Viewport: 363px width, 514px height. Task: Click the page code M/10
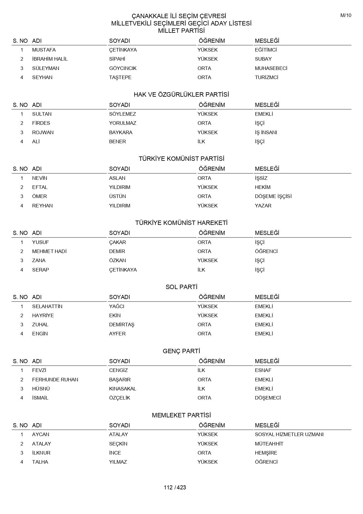tap(346, 16)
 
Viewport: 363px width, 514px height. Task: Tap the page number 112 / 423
tap(175, 487)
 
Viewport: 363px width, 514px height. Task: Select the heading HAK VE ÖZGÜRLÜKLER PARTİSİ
tap(181, 95)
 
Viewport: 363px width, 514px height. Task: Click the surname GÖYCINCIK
tap(123, 68)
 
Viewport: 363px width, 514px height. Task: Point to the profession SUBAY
tap(263, 59)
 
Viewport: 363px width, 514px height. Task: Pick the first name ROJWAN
tap(43, 132)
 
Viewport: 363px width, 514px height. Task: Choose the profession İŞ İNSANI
tap(266, 132)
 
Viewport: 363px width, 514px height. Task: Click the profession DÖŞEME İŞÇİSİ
tap(273, 196)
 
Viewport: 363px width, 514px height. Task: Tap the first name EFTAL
tap(40, 187)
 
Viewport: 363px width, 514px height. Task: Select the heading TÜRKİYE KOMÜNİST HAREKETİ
tap(181, 223)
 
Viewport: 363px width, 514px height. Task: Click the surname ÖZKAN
tap(117, 260)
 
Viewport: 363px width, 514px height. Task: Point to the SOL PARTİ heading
tap(181, 287)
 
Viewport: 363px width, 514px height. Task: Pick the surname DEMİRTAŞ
tap(121, 325)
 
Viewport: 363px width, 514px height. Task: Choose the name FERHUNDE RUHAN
tap(55, 380)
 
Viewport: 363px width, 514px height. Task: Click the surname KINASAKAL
tap(122, 389)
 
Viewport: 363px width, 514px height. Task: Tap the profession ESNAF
tap(263, 370)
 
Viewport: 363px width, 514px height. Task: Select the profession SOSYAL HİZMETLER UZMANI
tap(289, 434)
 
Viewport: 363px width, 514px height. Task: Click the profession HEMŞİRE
tap(266, 453)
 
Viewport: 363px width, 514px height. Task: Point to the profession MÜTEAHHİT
tap(269, 444)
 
